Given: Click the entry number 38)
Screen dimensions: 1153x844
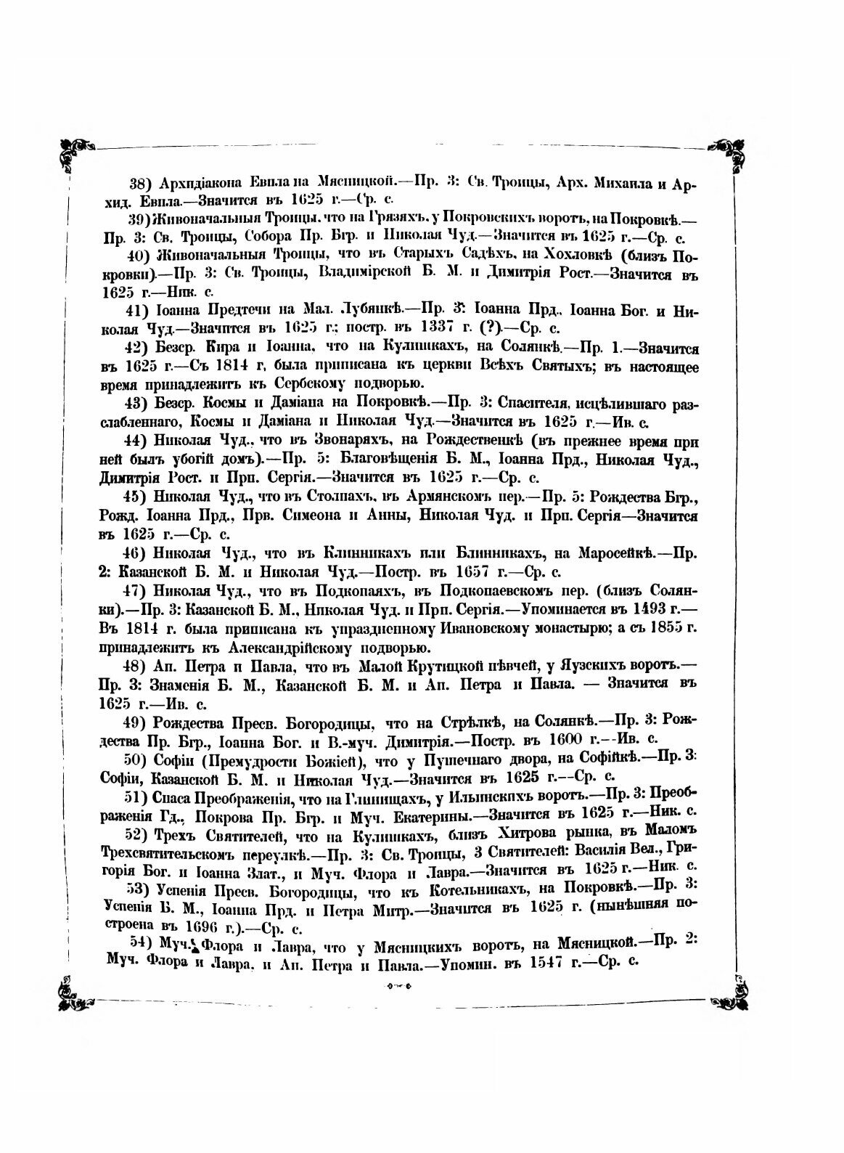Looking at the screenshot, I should point(139,184).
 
